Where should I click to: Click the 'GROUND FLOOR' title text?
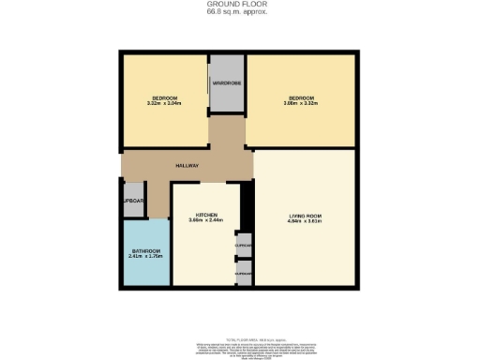click(239, 4)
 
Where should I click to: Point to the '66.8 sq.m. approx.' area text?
click(239, 12)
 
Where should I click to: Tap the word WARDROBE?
click(226, 83)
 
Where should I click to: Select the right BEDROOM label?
click(301, 97)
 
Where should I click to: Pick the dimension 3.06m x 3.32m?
click(301, 104)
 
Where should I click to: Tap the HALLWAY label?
click(187, 166)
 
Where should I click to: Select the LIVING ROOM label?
click(305, 217)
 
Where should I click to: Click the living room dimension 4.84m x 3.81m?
click(305, 223)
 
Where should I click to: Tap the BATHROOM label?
click(145, 250)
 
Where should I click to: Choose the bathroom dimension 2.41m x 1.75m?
click(145, 257)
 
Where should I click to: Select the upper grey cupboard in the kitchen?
click(244, 246)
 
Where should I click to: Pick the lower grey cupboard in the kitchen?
click(244, 274)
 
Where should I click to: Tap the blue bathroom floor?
click(145, 272)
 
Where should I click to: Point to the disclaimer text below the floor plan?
click(240, 348)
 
